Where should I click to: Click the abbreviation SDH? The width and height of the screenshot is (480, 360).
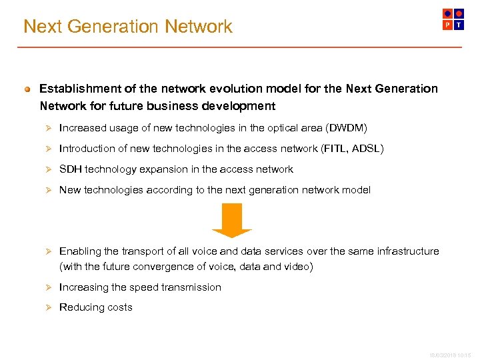point(70,169)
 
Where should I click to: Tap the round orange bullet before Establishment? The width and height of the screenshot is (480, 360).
point(27,89)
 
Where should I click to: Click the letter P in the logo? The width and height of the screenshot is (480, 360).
point(448,25)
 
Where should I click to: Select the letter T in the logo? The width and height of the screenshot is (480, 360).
point(459,25)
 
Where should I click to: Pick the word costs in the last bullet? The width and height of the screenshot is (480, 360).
point(120,307)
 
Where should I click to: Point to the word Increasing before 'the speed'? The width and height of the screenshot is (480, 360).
point(83,287)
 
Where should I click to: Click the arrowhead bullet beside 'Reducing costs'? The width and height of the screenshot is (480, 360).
point(48,307)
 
